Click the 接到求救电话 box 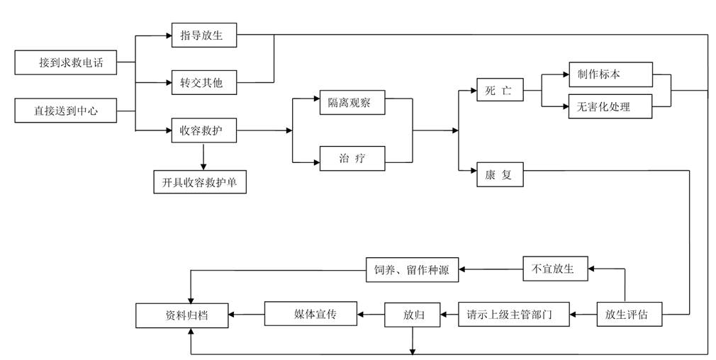(x=66, y=62)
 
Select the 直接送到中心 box (x=66, y=111)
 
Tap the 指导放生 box (x=204, y=35)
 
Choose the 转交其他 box (x=204, y=83)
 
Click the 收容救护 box (x=204, y=130)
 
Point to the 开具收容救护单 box (x=200, y=181)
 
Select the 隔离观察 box (x=352, y=102)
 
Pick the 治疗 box (x=352, y=158)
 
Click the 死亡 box (x=500, y=90)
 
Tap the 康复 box (x=500, y=174)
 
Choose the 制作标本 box (x=610, y=74)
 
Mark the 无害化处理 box (x=610, y=106)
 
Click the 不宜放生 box (x=555, y=269)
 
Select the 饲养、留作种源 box (x=413, y=270)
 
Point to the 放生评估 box (x=630, y=315)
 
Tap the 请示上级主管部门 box (x=514, y=315)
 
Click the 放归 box (x=413, y=315)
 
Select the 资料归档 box (x=181, y=315)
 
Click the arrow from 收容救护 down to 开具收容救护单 (x=203, y=156)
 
